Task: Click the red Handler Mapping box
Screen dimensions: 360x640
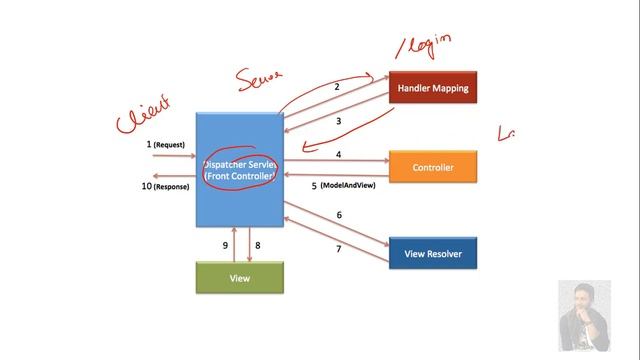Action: click(432, 88)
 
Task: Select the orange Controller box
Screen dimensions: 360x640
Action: click(432, 167)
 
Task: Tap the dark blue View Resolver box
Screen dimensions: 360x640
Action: click(432, 254)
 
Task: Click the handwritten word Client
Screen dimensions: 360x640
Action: click(143, 112)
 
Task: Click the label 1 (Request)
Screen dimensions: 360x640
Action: click(166, 145)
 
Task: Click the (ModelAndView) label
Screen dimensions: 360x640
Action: click(348, 187)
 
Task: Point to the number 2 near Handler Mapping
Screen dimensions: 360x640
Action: click(337, 88)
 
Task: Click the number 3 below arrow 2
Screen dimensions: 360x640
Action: click(338, 121)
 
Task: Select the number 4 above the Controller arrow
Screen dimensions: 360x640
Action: click(338, 155)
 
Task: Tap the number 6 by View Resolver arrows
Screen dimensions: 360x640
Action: click(338, 215)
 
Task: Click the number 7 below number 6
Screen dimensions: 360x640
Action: click(338, 249)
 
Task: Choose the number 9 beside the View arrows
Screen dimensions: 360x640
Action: click(226, 244)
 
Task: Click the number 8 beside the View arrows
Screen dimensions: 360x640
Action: click(257, 244)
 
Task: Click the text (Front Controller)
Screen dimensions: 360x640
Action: click(241, 176)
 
